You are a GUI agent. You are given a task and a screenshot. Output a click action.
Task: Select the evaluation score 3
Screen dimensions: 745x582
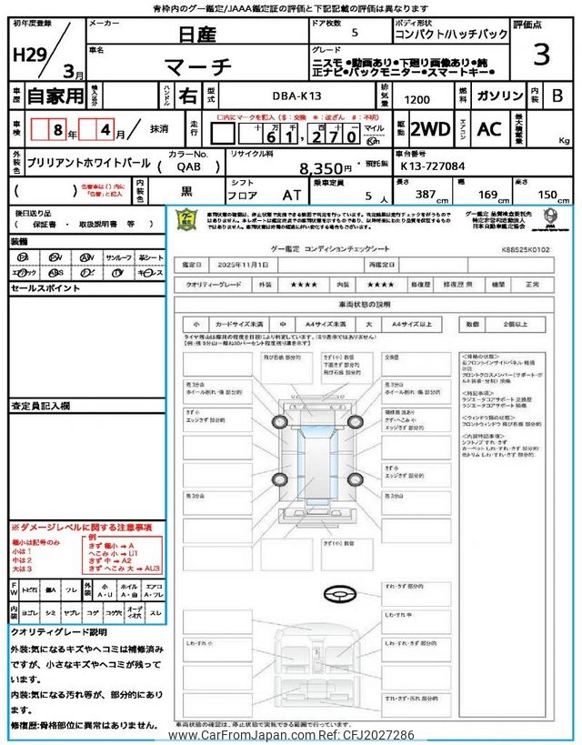[541, 55]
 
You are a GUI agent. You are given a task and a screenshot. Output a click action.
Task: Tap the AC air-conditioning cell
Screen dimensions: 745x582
[489, 128]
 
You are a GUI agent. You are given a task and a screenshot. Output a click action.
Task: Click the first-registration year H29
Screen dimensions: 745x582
[30, 54]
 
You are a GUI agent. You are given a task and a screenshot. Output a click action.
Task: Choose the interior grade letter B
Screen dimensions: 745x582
[557, 95]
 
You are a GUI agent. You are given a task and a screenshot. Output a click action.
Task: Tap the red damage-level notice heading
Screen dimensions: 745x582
[82, 528]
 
